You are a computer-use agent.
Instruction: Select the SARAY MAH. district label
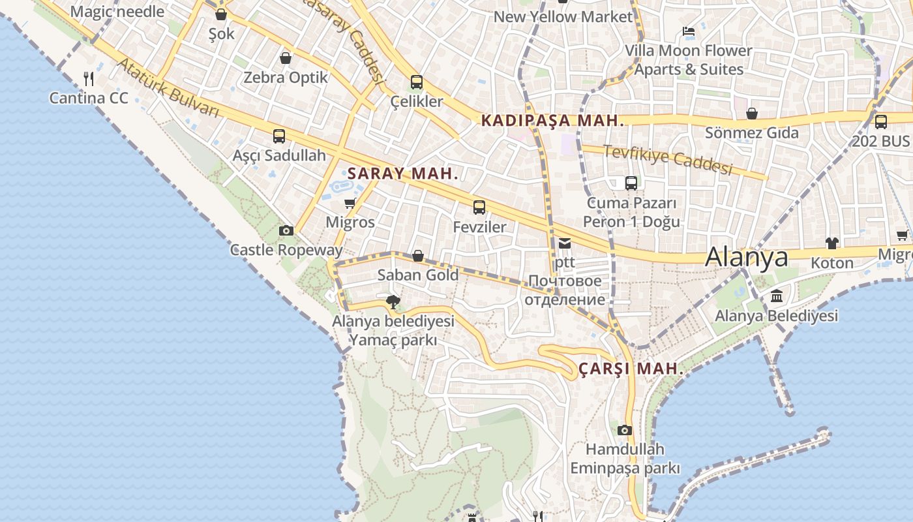(403, 174)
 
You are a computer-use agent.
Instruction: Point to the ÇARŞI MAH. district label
(631, 369)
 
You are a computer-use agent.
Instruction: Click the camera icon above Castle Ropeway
(286, 230)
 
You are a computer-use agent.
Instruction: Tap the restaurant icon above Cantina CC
(89, 79)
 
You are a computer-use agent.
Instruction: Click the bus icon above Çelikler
(417, 82)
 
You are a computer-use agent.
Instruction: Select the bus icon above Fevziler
(479, 207)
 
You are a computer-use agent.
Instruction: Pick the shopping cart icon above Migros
(350, 203)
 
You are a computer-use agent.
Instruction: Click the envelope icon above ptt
(564, 243)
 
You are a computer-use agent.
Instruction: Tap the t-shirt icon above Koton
(831, 243)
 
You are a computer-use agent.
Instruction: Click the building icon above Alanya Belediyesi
(777, 296)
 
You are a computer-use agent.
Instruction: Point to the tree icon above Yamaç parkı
(393, 301)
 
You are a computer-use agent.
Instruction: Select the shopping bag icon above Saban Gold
(418, 256)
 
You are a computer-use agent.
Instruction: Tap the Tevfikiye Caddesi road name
(667, 159)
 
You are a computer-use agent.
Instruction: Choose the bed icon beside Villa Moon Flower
(688, 31)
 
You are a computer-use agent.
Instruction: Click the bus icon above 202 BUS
(880, 121)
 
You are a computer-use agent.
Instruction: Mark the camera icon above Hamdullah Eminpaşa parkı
(625, 430)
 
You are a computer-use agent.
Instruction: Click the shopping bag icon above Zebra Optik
(285, 58)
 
